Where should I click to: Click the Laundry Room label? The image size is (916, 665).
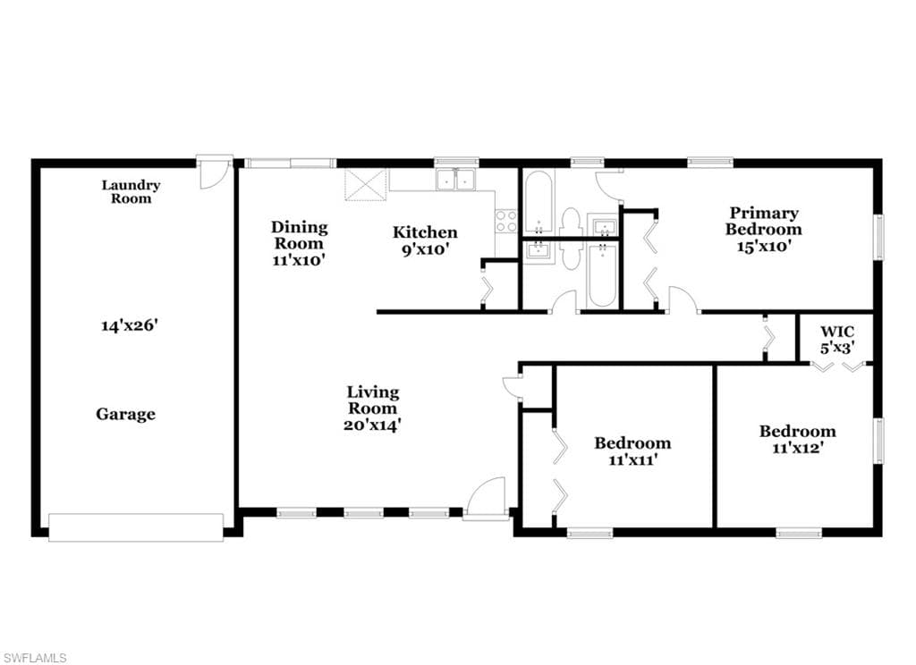coord(131,192)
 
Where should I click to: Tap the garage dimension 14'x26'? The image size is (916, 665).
coord(130,325)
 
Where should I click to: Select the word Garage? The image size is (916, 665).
coord(125,414)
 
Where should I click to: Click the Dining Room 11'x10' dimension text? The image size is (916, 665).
coord(299,260)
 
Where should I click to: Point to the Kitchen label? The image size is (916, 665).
coord(425,231)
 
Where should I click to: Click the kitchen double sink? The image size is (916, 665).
coord(455,180)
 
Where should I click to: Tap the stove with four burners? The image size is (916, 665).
coord(506,221)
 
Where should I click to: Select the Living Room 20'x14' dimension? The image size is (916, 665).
coord(372,425)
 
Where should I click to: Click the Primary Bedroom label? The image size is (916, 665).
coord(763,221)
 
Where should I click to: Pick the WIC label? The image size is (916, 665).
coord(837,332)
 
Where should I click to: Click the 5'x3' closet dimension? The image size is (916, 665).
coord(837,348)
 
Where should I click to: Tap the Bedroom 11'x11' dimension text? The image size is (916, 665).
coord(633,459)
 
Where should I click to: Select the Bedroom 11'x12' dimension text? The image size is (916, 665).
coord(797,448)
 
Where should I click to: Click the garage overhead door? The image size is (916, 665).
coord(136,527)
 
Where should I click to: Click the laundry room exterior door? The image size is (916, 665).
coord(214,172)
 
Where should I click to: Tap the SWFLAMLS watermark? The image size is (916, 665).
coord(34,658)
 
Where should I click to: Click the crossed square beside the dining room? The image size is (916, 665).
coord(366,184)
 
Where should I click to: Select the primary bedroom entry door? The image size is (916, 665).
coord(683,299)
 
